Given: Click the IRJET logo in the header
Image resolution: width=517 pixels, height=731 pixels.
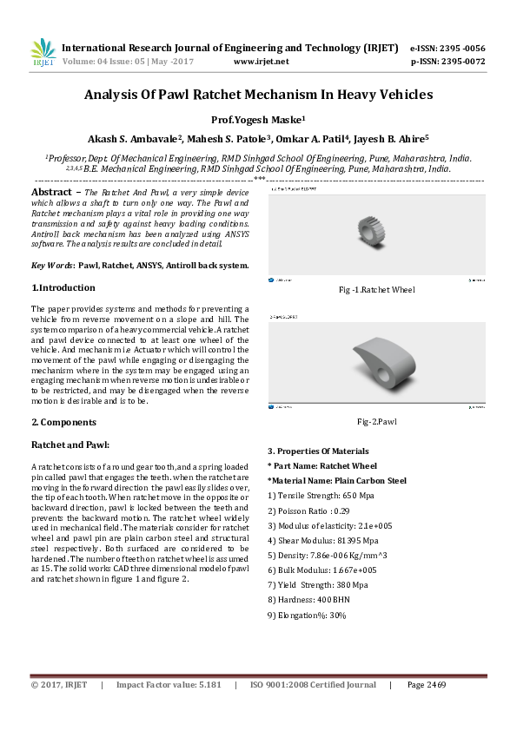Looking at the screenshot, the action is tap(43, 53).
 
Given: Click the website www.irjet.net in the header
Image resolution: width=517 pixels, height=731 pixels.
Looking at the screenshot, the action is tap(262, 62).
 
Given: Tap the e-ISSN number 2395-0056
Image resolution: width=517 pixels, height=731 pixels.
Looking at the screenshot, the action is tap(461, 48).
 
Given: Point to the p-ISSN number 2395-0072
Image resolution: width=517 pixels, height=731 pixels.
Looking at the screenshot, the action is tap(460, 62).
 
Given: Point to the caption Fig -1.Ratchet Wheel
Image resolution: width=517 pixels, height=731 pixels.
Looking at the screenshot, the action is tap(376, 290).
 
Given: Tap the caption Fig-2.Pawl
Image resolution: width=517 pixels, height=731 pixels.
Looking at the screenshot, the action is tap(376, 421).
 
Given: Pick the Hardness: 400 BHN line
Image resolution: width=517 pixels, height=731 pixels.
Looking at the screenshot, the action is tap(313, 599).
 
